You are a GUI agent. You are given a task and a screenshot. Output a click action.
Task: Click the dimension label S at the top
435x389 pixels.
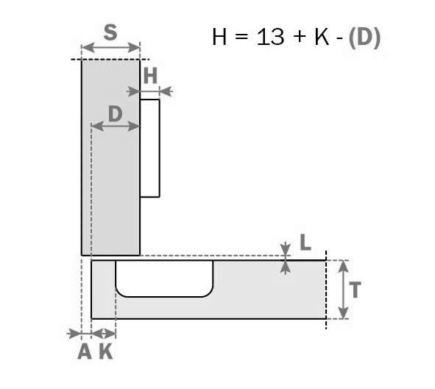pyautogui.click(x=110, y=32)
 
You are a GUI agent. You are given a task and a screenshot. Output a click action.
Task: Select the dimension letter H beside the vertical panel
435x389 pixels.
pyautogui.click(x=151, y=75)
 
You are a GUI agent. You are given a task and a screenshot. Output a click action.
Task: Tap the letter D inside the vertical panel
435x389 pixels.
pyautogui.click(x=116, y=114)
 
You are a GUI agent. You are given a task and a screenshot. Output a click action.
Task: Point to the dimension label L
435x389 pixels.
pyautogui.click(x=305, y=242)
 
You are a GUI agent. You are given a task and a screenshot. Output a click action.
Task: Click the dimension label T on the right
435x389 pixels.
pyautogui.click(x=355, y=290)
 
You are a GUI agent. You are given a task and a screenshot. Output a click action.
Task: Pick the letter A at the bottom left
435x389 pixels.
pyautogui.click(x=85, y=351)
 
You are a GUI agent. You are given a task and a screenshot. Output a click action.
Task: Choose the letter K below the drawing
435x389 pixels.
pyautogui.click(x=106, y=351)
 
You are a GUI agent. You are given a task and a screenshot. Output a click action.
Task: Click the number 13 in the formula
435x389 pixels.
pyautogui.click(x=270, y=37)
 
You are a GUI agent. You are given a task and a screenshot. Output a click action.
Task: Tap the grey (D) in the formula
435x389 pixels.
pyautogui.click(x=364, y=38)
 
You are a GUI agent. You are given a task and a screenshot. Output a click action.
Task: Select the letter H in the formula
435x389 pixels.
pyautogui.click(x=219, y=37)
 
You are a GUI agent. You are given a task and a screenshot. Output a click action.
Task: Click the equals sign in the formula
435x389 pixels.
pyautogui.click(x=241, y=37)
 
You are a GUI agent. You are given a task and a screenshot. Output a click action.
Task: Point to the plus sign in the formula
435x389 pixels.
pyautogui.click(x=300, y=37)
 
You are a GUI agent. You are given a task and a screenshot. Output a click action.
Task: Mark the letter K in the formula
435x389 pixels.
pyautogui.click(x=322, y=37)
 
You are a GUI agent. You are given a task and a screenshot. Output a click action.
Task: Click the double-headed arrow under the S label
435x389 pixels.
pyautogui.click(x=110, y=48)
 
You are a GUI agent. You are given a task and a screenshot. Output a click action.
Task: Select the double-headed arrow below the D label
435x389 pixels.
pyautogui.click(x=115, y=126)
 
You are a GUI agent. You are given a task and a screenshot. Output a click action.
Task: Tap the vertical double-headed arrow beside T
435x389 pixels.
pyautogui.click(x=344, y=290)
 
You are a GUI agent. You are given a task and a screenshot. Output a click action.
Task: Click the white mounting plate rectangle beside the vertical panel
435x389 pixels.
pyautogui.click(x=150, y=148)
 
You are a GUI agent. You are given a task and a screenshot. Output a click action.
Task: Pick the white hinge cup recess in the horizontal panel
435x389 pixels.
pyautogui.click(x=165, y=278)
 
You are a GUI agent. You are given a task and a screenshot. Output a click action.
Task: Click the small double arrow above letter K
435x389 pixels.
pyautogui.click(x=104, y=334)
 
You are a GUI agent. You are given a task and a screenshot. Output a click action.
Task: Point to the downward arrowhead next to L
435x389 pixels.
pyautogui.click(x=286, y=248)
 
